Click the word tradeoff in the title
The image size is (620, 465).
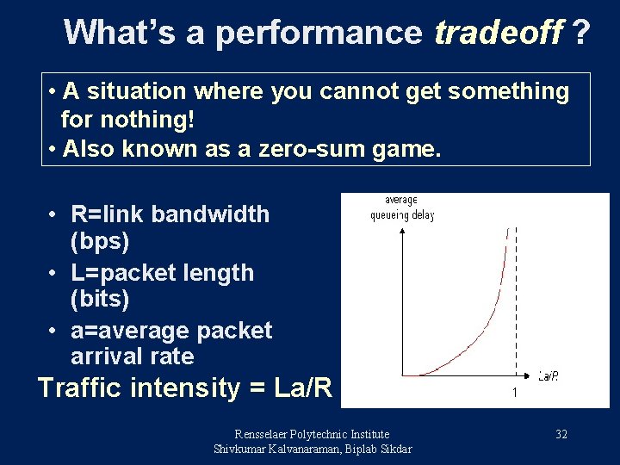[x=498, y=33]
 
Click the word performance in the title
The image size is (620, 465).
[x=319, y=33]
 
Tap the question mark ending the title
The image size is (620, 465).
[x=582, y=33]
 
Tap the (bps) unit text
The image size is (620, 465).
[x=100, y=242]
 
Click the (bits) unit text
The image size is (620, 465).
[x=100, y=300]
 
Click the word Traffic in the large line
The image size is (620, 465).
[x=84, y=388]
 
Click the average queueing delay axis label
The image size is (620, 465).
[x=400, y=208]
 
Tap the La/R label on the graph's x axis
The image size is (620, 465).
[x=549, y=375]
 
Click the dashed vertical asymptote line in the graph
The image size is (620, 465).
[x=515, y=301]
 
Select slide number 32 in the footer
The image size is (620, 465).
[x=561, y=434]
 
